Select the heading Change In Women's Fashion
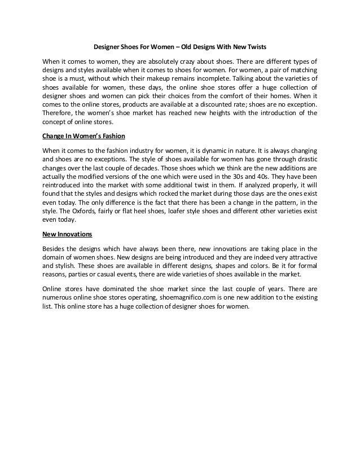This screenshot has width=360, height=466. point(84,136)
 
